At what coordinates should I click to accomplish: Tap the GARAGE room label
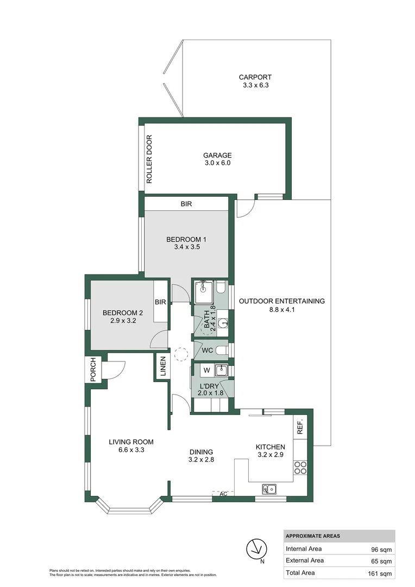point(217,155)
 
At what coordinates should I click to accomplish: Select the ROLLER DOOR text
point(148,159)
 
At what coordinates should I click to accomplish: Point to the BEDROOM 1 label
point(186,239)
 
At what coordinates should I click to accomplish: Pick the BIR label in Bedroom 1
point(186,204)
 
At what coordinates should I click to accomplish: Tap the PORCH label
point(93,370)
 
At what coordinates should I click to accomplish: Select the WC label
point(207,351)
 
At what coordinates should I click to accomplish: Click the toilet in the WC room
point(222,351)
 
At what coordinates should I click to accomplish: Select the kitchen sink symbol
point(268,489)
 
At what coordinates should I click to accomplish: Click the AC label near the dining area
point(223,494)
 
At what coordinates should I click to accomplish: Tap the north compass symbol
point(256,549)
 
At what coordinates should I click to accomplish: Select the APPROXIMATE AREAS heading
point(313,536)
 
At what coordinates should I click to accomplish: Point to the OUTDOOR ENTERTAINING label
point(281,301)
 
